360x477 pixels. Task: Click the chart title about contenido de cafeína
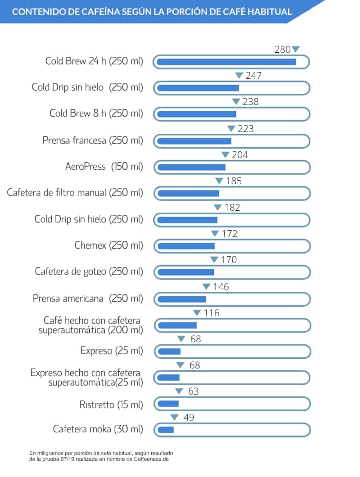(152, 11)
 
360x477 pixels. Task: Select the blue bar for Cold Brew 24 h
(226, 62)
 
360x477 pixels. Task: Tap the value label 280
(283, 50)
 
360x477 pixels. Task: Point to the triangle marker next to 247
(239, 76)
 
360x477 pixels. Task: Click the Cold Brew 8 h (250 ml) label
(96, 114)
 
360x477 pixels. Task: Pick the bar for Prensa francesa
(194, 141)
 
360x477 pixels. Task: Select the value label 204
(240, 155)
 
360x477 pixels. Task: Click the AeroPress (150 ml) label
(104, 167)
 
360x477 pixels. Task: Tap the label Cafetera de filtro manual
(75, 193)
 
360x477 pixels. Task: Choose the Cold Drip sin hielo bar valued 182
(187, 220)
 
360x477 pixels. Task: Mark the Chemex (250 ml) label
(108, 245)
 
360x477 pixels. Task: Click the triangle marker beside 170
(214, 260)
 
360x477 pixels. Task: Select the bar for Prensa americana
(181, 299)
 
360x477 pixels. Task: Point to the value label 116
(211, 313)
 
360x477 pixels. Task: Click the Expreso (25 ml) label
(112, 350)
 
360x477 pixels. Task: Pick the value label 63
(193, 391)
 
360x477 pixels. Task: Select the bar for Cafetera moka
(165, 430)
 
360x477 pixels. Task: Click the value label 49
(189, 418)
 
